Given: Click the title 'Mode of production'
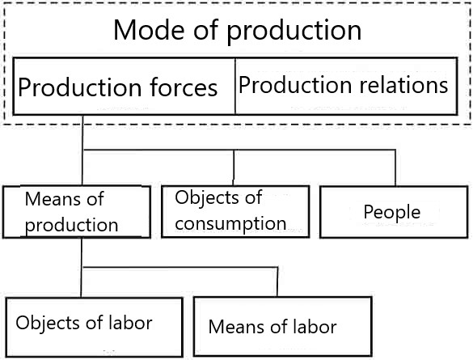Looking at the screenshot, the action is pos(237,30).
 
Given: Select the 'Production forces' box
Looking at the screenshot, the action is pos(125,86).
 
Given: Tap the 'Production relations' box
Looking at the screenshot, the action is pos(346,86).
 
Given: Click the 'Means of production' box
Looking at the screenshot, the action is pos(77,212).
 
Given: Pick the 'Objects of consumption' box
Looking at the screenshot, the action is pos(235,211).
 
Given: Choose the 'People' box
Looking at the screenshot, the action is pos(394,212).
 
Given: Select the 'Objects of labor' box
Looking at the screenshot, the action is pos(95,328).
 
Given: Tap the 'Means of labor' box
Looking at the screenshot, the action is pos(283,327).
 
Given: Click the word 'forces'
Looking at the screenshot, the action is pos(184,87).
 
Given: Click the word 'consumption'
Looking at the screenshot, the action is pos(230,224).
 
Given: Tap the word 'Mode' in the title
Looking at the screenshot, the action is pos(149,30).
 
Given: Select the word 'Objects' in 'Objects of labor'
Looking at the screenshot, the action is pos(48,322).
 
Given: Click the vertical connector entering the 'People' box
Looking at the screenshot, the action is pos(395,167).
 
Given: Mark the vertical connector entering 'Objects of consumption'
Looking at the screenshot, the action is pos(234,167).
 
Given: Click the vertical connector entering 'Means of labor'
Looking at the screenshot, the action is pos(277,282).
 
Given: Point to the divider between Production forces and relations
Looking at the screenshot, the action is pos(235,87).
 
